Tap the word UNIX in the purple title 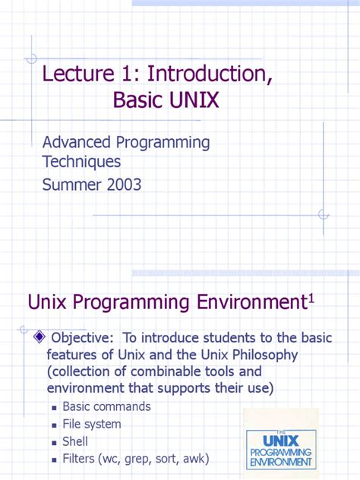[x=189, y=100]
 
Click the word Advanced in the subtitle [x=77, y=142]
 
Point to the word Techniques [x=81, y=162]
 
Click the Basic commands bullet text [x=106, y=407]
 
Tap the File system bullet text [x=92, y=425]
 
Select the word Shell [x=76, y=441]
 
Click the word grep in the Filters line [x=141, y=459]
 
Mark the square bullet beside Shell [x=54, y=443]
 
